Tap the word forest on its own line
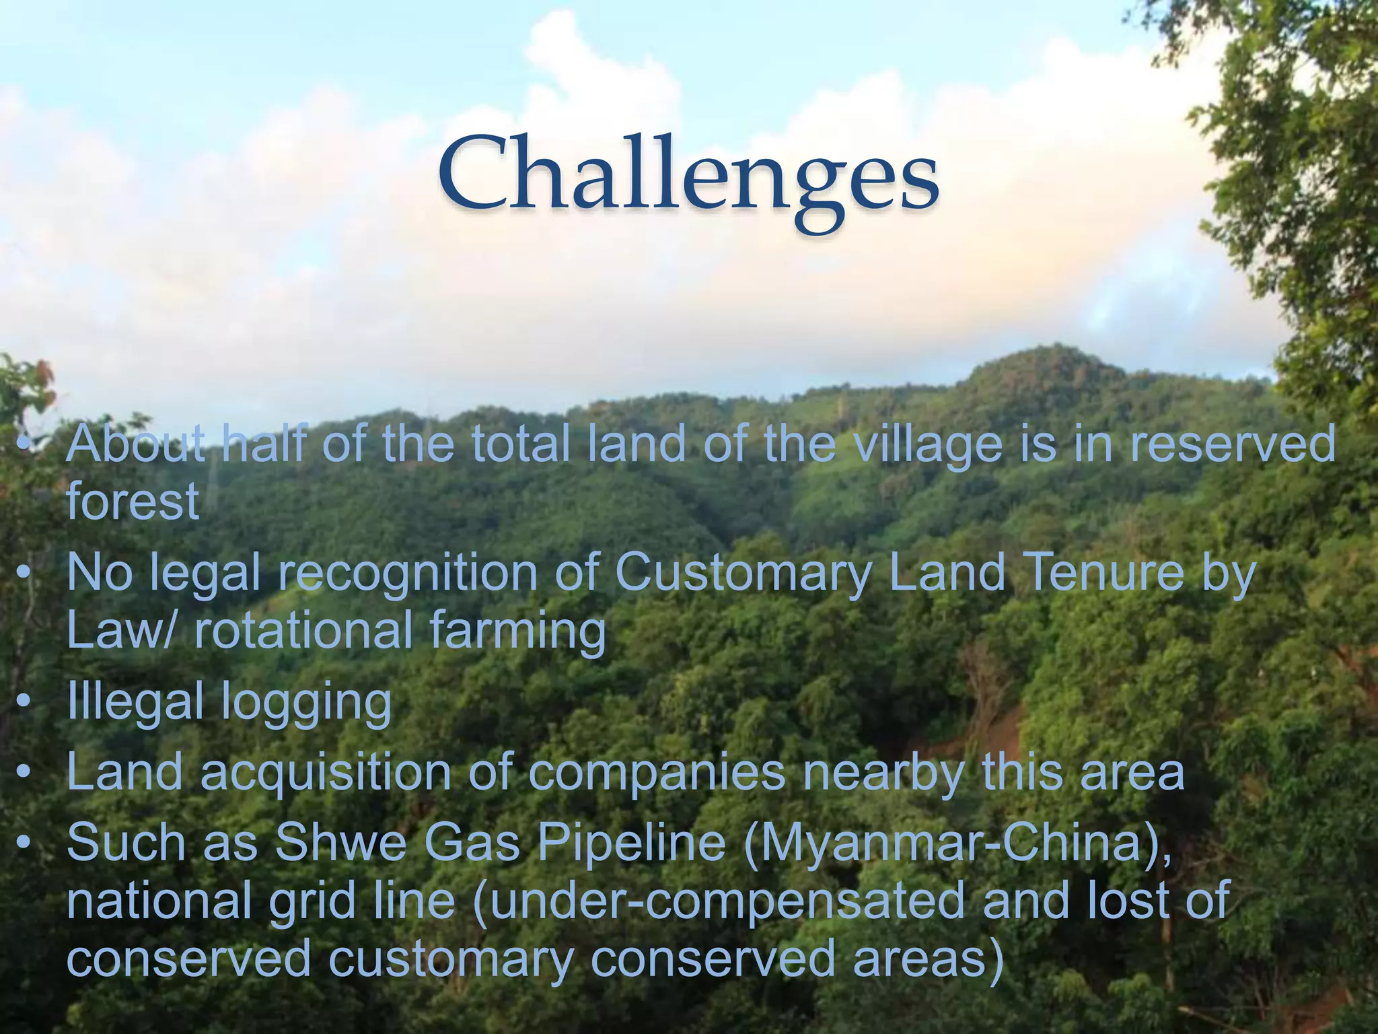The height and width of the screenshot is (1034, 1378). click(133, 502)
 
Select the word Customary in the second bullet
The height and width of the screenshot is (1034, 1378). click(743, 574)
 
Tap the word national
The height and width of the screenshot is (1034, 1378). click(159, 901)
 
